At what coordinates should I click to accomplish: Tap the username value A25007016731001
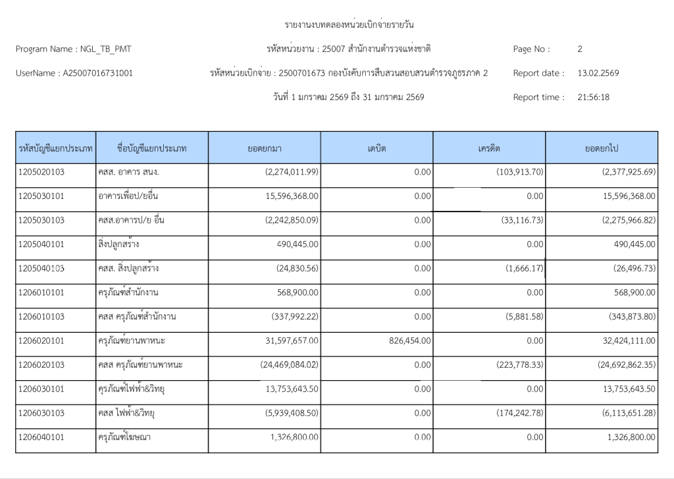click(x=97, y=73)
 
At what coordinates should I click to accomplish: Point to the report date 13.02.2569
click(x=598, y=73)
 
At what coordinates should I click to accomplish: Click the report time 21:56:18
click(x=593, y=98)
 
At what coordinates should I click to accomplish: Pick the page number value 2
click(x=580, y=49)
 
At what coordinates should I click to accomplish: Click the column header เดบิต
click(x=376, y=148)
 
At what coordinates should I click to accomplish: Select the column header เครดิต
click(x=489, y=148)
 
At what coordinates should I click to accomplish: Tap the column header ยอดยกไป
click(x=602, y=148)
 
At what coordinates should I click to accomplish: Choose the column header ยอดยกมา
click(x=265, y=148)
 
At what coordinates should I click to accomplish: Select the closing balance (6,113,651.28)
click(x=621, y=413)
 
